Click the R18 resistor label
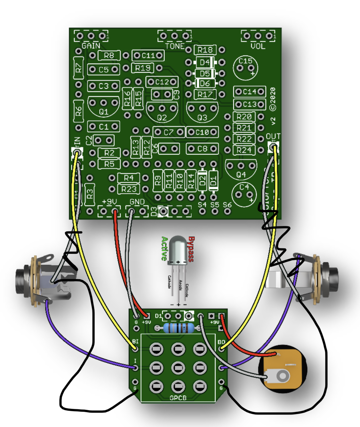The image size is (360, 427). (205, 50)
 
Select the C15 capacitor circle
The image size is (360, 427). (245, 68)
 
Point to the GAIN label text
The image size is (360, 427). (91, 46)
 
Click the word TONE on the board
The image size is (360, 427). (175, 46)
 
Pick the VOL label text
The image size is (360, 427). (258, 46)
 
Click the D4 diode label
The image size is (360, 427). (205, 62)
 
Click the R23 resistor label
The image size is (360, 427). (129, 189)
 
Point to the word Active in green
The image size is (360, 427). (164, 248)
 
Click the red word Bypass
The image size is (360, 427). (191, 249)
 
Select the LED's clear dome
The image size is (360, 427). (178, 248)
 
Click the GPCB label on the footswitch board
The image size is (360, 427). (178, 398)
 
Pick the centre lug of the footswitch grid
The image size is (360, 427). (178, 368)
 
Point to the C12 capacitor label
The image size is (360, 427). (162, 82)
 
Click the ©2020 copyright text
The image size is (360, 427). (273, 99)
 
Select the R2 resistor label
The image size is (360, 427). (109, 153)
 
